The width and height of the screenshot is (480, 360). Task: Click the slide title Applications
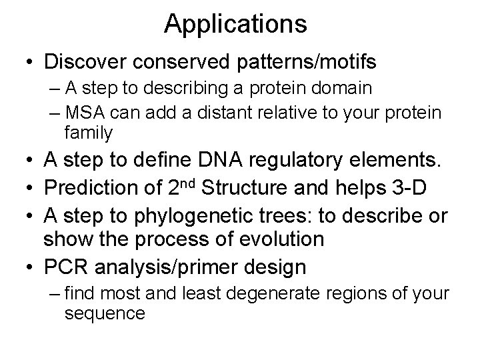point(235,25)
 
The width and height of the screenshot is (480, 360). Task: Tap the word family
point(88,133)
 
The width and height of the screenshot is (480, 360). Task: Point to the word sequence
point(104,313)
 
